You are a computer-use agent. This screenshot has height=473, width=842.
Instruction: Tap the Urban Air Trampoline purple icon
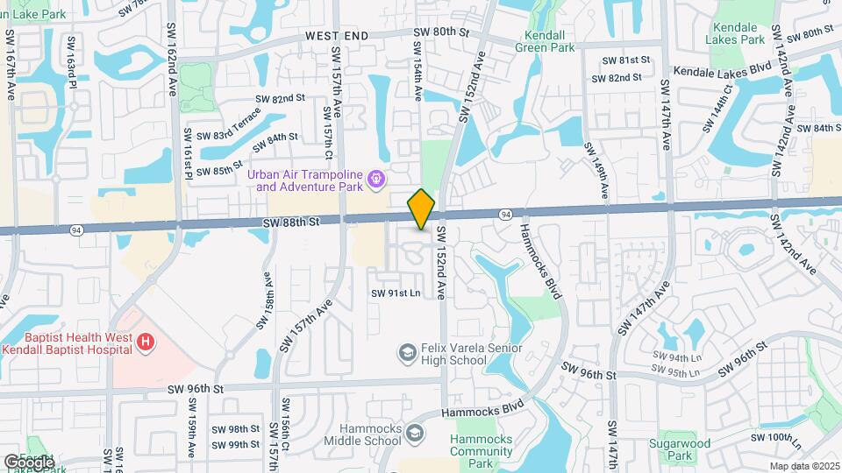pyautogui.click(x=377, y=180)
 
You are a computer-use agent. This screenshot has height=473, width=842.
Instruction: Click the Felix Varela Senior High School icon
pyautogui.click(x=407, y=353)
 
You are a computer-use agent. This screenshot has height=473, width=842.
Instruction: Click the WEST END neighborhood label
pyautogui.click(x=338, y=36)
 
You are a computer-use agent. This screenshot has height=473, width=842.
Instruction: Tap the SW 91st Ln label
pyautogui.click(x=396, y=293)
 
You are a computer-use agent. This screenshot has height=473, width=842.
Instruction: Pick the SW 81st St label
pyautogui.click(x=625, y=60)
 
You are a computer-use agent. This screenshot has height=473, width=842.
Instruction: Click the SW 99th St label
pyautogui.click(x=236, y=445)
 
